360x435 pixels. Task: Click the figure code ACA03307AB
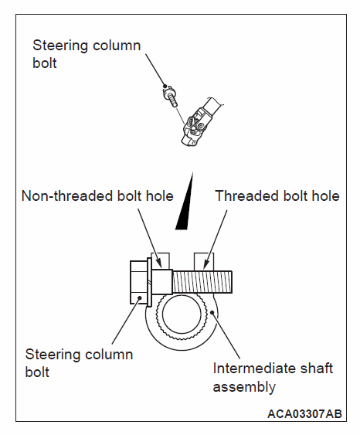[x=304, y=414]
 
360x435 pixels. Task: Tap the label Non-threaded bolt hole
[x=97, y=195]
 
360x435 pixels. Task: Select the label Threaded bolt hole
[x=277, y=195]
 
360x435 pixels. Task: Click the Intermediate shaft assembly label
[x=273, y=377]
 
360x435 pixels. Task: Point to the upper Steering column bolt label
[x=87, y=54]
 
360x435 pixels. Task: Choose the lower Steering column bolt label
[x=79, y=363]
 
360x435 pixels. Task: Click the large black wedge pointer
[x=185, y=201]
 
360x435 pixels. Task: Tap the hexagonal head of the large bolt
[x=138, y=282]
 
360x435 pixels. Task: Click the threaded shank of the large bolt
[x=202, y=282]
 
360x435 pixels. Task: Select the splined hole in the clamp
[x=182, y=315]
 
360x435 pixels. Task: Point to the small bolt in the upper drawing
[x=170, y=97]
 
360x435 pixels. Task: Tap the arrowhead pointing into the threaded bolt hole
[x=205, y=265]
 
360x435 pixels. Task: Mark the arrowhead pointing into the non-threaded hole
[x=159, y=263]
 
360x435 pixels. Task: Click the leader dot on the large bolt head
[x=140, y=298]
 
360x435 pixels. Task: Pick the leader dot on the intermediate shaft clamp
[x=212, y=312]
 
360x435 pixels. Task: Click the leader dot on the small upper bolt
[x=165, y=86]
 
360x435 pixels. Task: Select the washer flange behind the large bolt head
[x=149, y=282]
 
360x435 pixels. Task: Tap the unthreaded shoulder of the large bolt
[x=162, y=282]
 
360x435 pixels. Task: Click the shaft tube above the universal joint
[x=213, y=107]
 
